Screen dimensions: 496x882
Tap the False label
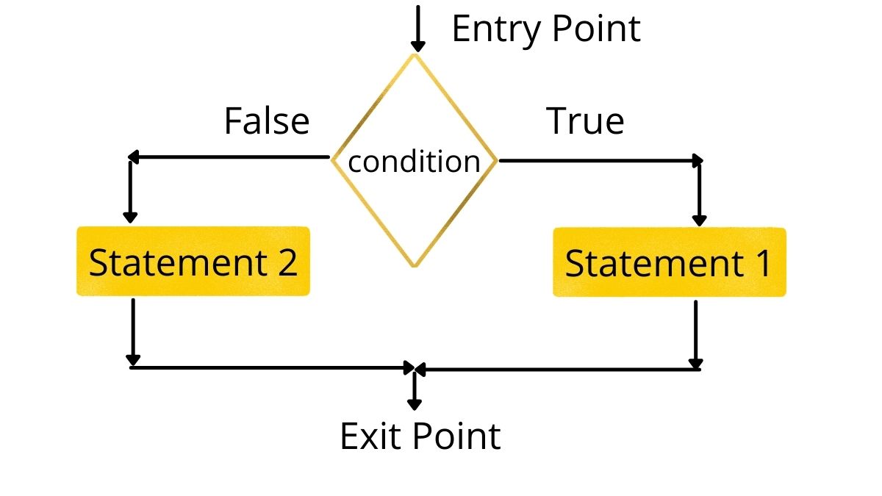pos(266,121)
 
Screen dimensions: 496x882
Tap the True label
pos(585,121)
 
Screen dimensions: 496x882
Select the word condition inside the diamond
pos(414,162)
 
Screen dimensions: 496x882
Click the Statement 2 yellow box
pos(193,262)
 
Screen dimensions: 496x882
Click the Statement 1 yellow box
pos(669,262)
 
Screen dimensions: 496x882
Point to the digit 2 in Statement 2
pos(288,262)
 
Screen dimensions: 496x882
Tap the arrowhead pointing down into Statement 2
pos(131,217)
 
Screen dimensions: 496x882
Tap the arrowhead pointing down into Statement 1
pos(699,219)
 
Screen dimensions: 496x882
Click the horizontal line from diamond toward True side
pos(599,159)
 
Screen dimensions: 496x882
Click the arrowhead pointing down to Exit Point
pos(415,403)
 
